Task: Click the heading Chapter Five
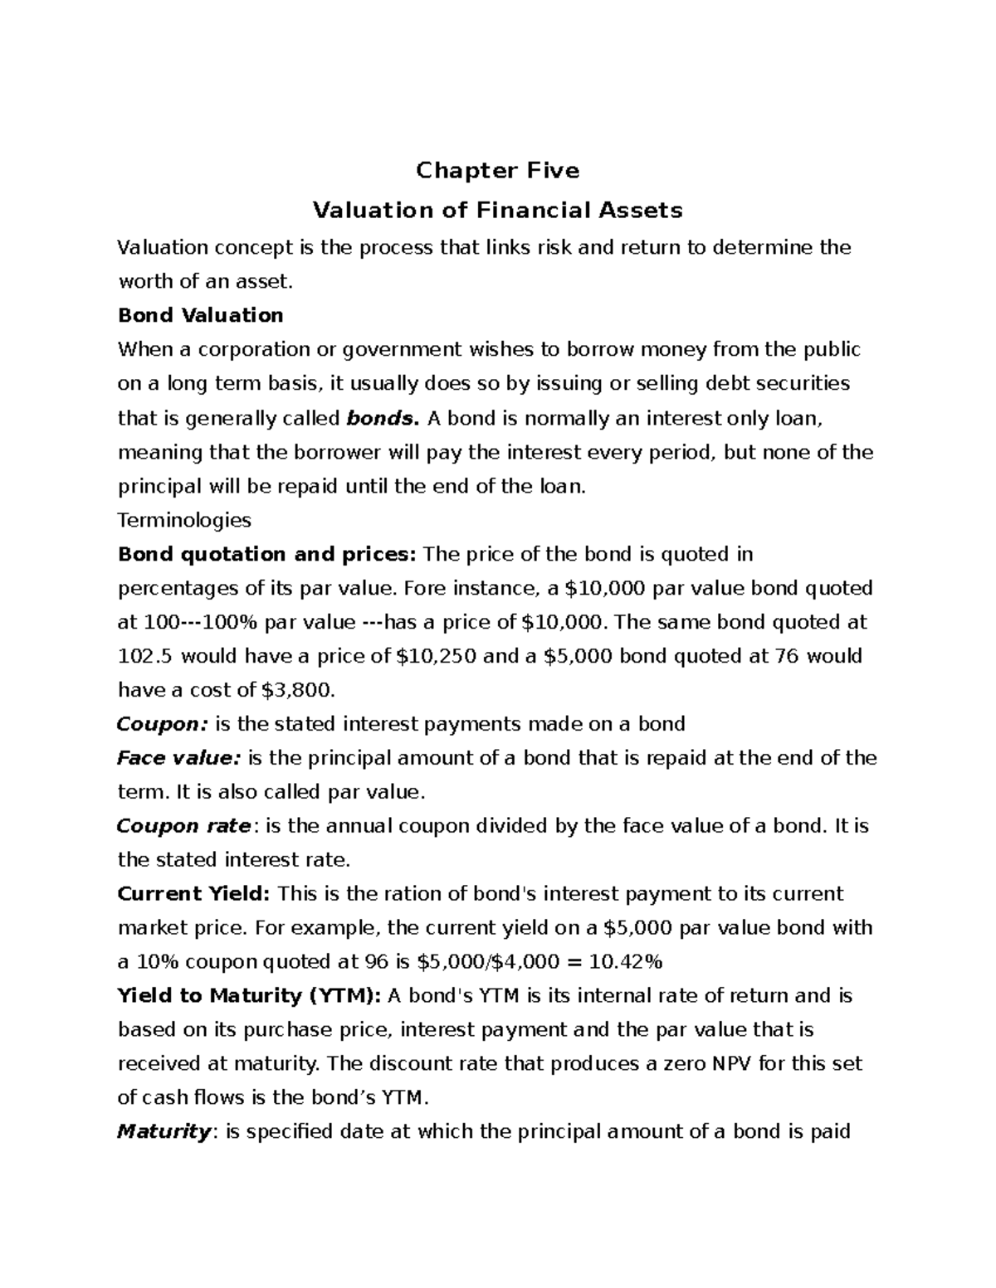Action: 497,171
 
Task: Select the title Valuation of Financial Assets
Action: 497,211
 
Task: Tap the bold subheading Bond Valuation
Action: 201,315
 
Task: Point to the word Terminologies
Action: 184,520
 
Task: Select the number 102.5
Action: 146,656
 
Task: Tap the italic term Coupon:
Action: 162,724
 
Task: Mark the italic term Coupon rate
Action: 184,826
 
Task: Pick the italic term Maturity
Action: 164,1132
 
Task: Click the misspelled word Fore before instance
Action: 427,589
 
